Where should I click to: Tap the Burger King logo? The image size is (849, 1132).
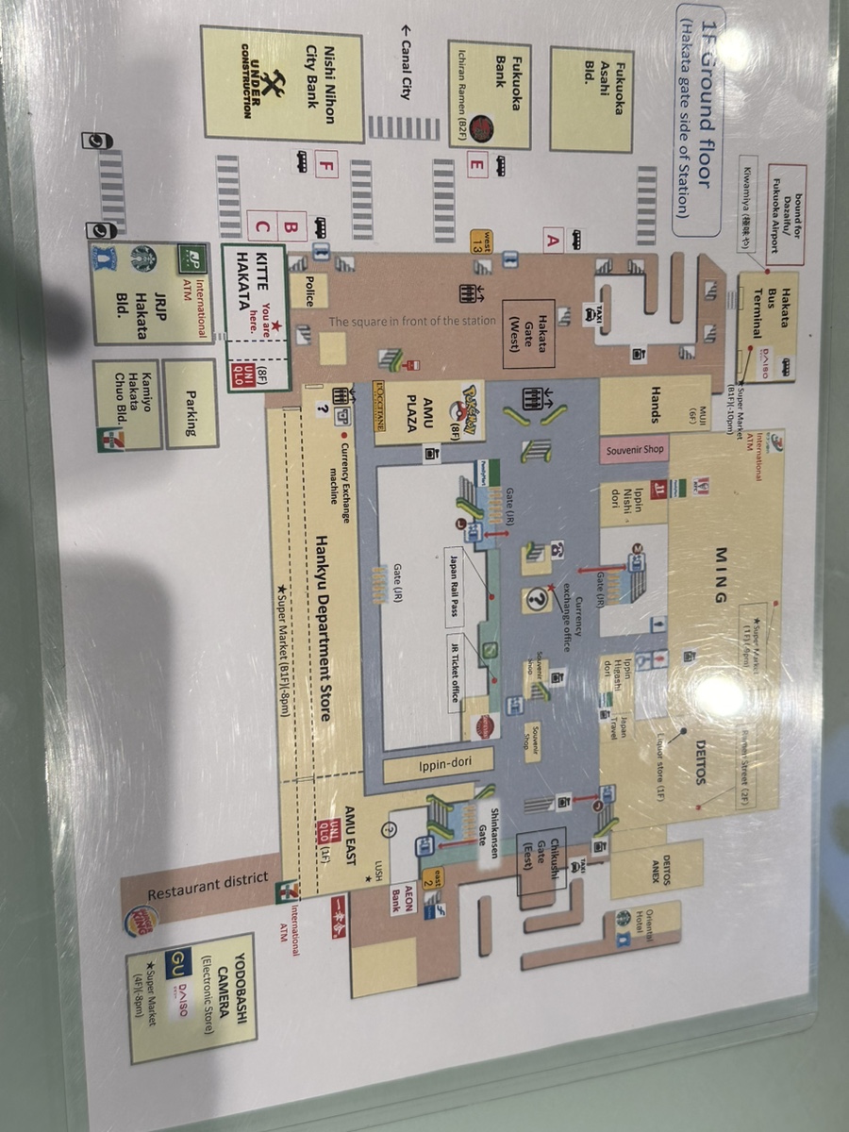point(140,920)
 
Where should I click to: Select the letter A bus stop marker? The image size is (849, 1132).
point(553,241)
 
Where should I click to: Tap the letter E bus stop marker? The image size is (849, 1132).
point(477,164)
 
